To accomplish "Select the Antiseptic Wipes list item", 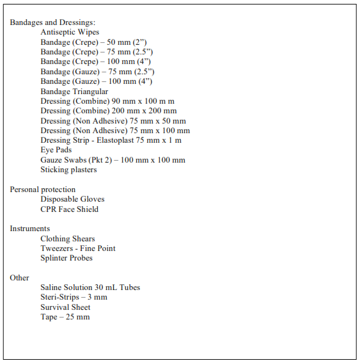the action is (x=70, y=32).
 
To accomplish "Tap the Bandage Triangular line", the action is (x=74, y=92).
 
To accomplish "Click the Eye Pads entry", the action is (x=56, y=150).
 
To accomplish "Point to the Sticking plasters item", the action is (x=68, y=170).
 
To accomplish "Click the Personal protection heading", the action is (x=42, y=190).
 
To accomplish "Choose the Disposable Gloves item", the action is (x=72, y=199).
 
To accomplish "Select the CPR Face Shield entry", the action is (x=69, y=209).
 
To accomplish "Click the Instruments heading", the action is (x=29, y=229).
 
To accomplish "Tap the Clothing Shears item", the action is (x=68, y=239).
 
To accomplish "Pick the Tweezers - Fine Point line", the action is (x=78, y=248).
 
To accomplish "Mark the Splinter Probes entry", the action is (x=67, y=258).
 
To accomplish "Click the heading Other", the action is (x=19, y=278).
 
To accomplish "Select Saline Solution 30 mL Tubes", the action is (x=90, y=287).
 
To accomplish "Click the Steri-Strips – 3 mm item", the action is (x=74, y=297).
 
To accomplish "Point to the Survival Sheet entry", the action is (x=65, y=307).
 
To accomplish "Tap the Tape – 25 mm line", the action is (x=65, y=317).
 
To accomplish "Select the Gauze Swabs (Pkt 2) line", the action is (x=113, y=160).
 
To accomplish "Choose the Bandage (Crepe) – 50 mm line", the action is (x=93, y=42).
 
